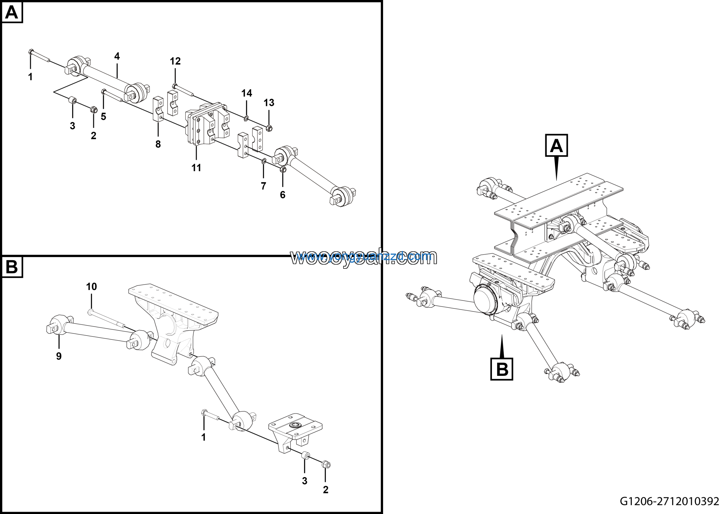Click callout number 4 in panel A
pyautogui.click(x=117, y=56)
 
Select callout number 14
pyautogui.click(x=247, y=93)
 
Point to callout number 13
pyautogui.click(x=269, y=103)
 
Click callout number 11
pyautogui.click(x=196, y=168)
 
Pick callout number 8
pyautogui.click(x=158, y=144)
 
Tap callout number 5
pyautogui.click(x=103, y=117)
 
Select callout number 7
pyautogui.click(x=264, y=186)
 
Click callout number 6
pyautogui.click(x=282, y=195)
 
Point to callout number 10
pyautogui.click(x=91, y=287)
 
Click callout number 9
pyautogui.click(x=59, y=356)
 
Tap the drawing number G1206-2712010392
pyautogui.click(x=669, y=501)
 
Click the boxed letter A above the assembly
pyautogui.click(x=556, y=146)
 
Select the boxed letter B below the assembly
pyautogui.click(x=502, y=369)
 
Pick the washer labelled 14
pyautogui.click(x=246, y=119)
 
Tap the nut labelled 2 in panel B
pyautogui.click(x=326, y=465)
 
